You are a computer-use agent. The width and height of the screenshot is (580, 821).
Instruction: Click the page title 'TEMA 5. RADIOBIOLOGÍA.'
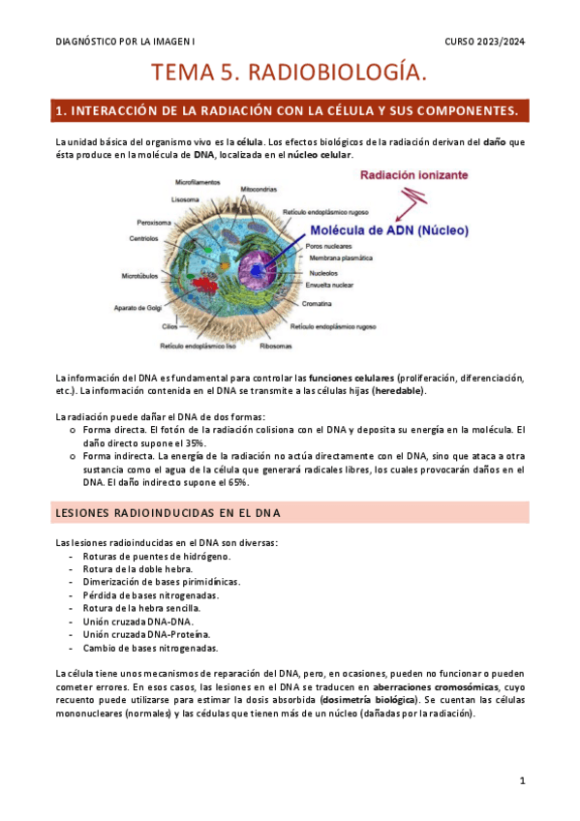(x=290, y=73)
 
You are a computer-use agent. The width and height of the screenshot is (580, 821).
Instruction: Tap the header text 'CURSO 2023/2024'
(x=485, y=42)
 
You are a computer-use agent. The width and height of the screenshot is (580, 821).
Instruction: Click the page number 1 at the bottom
(x=522, y=780)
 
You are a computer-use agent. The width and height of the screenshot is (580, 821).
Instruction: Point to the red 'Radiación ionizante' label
(x=415, y=176)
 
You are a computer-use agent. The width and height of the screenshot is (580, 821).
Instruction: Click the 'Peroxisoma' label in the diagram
(x=155, y=221)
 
